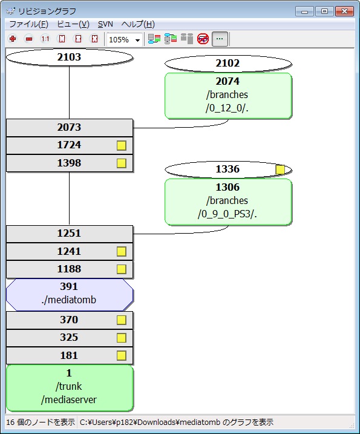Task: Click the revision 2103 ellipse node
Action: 69,58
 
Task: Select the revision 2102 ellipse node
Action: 228,64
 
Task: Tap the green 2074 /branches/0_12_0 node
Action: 228,96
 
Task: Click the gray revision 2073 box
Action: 69,127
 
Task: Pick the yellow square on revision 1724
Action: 122,145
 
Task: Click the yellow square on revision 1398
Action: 122,163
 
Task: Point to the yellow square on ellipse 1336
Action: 280,169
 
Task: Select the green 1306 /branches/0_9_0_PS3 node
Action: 228,202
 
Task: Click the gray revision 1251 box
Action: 69,234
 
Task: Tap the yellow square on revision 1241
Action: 122,252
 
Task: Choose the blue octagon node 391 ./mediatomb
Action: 69,295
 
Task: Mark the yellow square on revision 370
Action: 122,320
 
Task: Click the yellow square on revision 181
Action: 122,356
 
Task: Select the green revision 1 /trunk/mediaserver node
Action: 70,388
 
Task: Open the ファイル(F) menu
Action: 29,24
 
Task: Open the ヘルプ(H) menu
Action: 138,24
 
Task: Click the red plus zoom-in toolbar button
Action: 13,39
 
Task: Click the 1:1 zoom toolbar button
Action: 45,39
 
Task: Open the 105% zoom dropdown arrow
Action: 137,40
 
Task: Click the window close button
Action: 344,12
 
